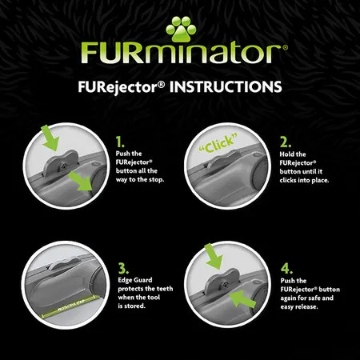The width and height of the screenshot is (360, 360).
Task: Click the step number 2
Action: (x=286, y=142)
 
